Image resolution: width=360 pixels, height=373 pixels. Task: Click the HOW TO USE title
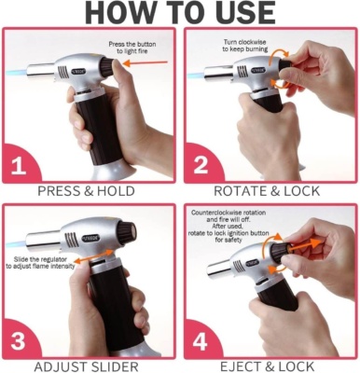click(x=180, y=12)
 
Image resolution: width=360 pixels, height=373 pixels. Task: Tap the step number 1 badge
click(x=19, y=165)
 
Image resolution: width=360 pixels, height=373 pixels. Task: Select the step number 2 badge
click(x=201, y=165)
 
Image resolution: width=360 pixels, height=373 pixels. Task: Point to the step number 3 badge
click(x=18, y=340)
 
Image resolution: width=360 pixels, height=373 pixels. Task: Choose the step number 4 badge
click(x=200, y=342)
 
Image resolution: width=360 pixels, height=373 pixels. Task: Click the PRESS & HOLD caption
click(x=86, y=191)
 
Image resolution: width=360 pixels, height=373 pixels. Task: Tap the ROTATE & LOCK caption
click(x=267, y=191)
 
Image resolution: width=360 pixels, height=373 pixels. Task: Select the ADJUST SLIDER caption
click(x=86, y=366)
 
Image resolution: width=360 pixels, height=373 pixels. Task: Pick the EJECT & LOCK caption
click(x=267, y=366)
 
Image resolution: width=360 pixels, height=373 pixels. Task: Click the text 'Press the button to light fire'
click(x=132, y=48)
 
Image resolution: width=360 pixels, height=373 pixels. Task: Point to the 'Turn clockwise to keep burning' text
click(x=245, y=46)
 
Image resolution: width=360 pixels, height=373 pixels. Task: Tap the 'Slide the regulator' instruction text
click(x=40, y=263)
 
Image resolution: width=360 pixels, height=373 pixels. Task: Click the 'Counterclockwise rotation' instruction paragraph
click(x=228, y=227)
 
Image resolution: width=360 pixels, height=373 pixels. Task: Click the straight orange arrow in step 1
click(x=145, y=63)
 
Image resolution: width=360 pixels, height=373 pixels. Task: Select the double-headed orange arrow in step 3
click(x=94, y=256)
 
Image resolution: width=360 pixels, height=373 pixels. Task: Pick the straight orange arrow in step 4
click(x=306, y=244)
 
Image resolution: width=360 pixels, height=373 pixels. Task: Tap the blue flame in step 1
click(x=16, y=74)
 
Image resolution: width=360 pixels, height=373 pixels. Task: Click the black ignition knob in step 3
click(x=127, y=232)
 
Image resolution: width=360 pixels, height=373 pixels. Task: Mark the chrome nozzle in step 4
click(x=219, y=267)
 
